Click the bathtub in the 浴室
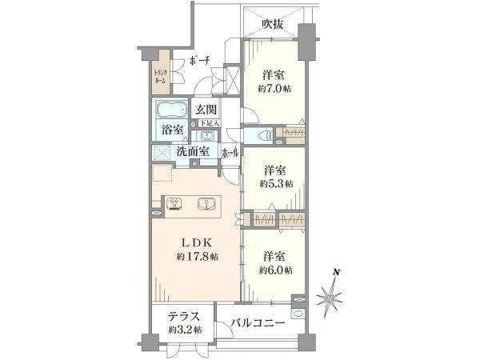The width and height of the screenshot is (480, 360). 169,110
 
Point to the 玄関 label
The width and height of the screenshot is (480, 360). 206,110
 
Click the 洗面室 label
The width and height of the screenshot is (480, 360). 193,150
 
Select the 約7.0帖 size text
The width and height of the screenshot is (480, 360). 274,89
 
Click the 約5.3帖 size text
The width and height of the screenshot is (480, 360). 277,182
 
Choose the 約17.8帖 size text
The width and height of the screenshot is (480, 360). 198,257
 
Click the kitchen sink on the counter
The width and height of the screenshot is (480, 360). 208,203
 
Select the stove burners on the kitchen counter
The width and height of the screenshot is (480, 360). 175,203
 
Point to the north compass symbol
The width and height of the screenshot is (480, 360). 330,297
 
